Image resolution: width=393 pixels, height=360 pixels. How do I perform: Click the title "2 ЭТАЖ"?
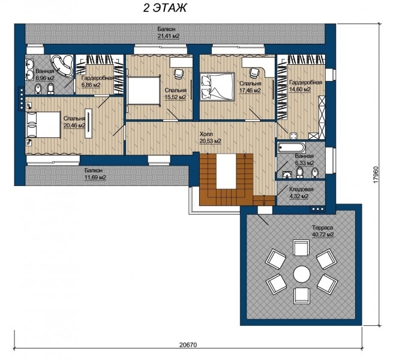click(164, 8)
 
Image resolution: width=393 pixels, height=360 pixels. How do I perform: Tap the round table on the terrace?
click(302, 274)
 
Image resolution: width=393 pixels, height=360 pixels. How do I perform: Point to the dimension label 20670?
click(188, 345)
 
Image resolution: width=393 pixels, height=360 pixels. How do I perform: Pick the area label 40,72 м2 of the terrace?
click(323, 235)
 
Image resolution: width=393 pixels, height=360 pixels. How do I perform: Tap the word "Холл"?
click(206, 134)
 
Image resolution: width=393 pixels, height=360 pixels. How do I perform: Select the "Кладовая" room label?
click(301, 190)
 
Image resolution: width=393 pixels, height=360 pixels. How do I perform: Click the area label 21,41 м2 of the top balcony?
click(169, 36)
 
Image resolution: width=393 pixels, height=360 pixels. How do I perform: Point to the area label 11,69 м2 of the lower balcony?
click(95, 178)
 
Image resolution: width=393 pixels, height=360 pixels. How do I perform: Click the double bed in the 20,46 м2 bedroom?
click(43, 125)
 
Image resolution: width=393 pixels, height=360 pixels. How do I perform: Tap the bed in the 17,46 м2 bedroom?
click(217, 86)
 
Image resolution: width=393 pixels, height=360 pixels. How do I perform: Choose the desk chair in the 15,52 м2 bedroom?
click(178, 74)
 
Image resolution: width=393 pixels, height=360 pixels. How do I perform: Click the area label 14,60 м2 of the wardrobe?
click(300, 89)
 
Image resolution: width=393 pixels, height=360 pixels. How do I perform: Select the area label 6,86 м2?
click(91, 85)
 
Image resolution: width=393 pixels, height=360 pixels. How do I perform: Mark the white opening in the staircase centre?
click(226, 172)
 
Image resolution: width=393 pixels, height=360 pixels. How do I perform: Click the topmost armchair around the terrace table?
click(301, 247)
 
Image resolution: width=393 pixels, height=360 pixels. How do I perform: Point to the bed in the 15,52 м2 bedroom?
click(144, 91)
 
